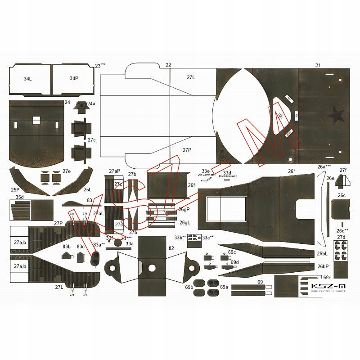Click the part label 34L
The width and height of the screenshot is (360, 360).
(x=28, y=78)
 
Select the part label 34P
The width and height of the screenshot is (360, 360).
(x=74, y=78)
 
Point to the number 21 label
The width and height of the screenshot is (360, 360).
(x=318, y=66)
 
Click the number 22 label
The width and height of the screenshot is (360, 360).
(x=168, y=65)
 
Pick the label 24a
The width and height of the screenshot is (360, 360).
(x=91, y=103)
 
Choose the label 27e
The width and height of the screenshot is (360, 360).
(x=67, y=171)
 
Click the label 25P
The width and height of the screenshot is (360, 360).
(x=15, y=190)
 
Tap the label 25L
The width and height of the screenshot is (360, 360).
(x=87, y=190)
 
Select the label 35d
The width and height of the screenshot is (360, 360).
(x=19, y=197)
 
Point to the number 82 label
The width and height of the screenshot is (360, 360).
(x=171, y=248)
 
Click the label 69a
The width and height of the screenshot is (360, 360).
(x=224, y=287)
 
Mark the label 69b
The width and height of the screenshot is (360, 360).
(x=189, y=287)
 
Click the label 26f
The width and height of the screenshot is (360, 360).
(x=191, y=185)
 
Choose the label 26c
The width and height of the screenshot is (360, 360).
(x=342, y=195)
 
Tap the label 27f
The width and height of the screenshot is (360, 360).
(x=343, y=170)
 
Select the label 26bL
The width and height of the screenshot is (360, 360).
(x=322, y=254)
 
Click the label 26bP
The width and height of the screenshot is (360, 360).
(x=322, y=266)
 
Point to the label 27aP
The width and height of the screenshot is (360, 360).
(x=114, y=171)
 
